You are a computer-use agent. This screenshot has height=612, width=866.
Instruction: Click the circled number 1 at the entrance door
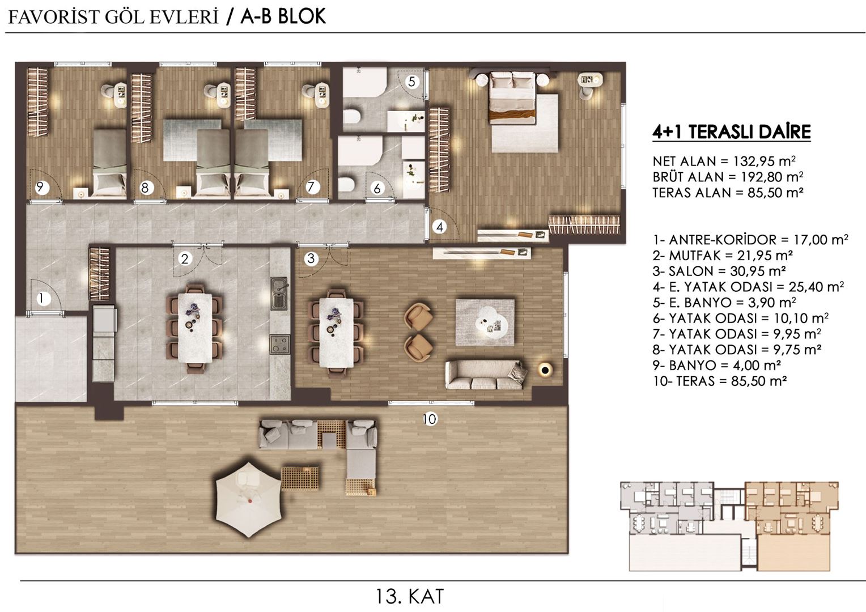click(x=41, y=298)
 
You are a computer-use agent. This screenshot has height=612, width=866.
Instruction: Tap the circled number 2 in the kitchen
click(x=185, y=259)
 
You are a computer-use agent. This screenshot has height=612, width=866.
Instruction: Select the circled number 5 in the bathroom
click(x=412, y=82)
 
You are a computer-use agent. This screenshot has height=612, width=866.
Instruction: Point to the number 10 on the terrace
click(x=430, y=419)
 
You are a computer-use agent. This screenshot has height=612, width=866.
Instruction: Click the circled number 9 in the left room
click(x=40, y=186)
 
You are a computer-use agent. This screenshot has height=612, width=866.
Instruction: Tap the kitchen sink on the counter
click(x=279, y=293)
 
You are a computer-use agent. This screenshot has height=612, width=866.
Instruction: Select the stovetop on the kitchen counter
click(x=279, y=343)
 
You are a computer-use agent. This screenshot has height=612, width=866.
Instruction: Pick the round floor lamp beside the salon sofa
click(x=545, y=370)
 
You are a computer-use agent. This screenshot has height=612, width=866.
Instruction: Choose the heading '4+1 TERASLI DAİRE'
click(x=731, y=132)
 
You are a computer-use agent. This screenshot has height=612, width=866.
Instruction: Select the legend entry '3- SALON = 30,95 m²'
click(x=719, y=271)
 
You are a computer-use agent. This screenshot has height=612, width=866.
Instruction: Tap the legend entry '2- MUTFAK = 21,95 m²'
click(x=722, y=255)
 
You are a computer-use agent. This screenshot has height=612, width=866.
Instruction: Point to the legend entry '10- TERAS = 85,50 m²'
click(x=719, y=381)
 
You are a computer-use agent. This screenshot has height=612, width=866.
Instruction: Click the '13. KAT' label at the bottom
click(x=409, y=596)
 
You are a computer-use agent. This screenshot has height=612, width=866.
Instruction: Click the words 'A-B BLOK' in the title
click(x=283, y=16)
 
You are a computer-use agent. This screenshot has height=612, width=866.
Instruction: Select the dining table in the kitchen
click(x=196, y=328)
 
